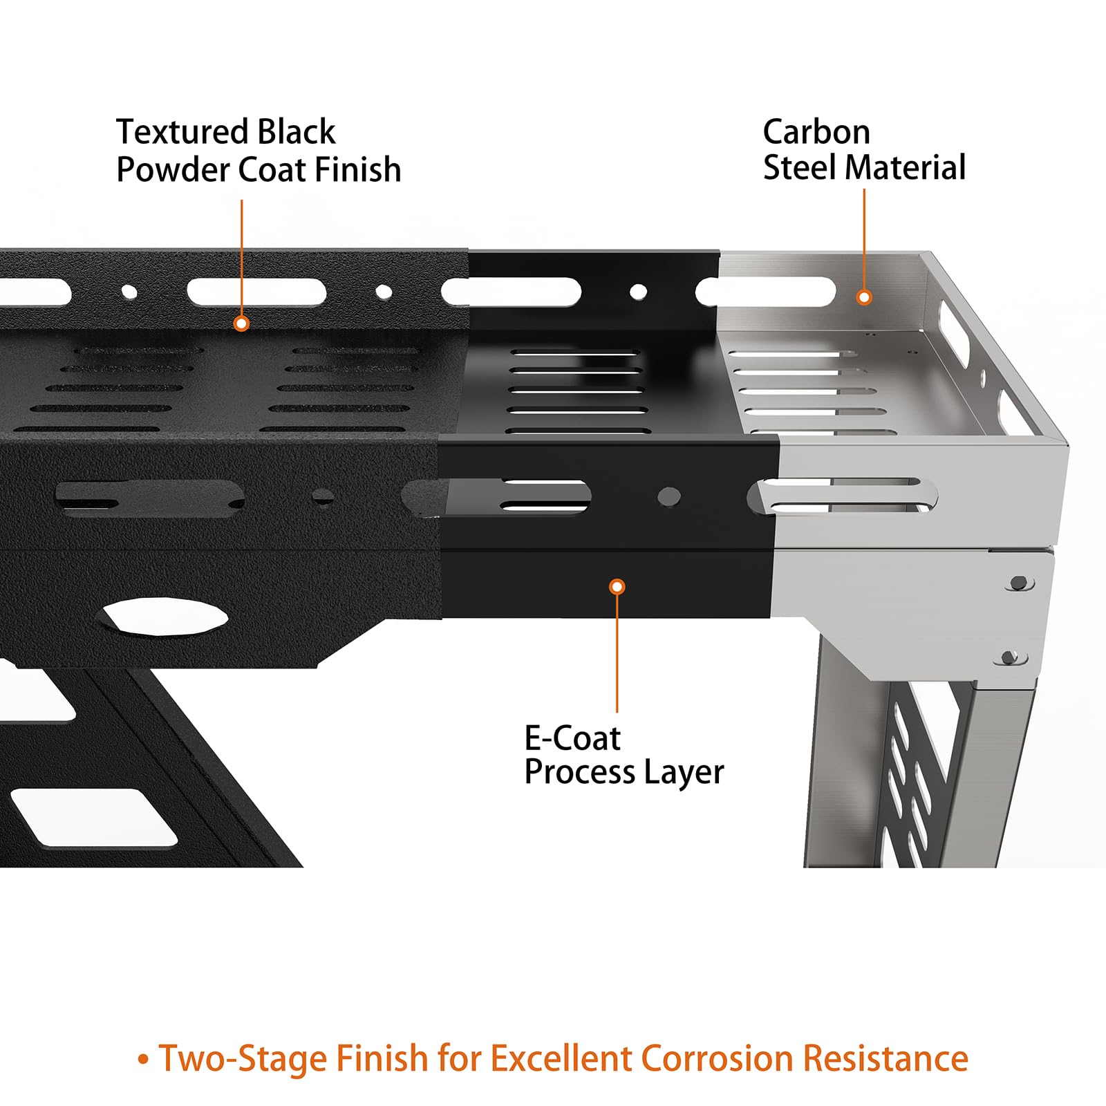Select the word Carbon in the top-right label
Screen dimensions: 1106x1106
(816, 131)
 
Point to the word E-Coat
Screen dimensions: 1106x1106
(572, 738)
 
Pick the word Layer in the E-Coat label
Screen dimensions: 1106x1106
(683, 773)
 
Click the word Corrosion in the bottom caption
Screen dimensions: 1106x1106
(715, 1058)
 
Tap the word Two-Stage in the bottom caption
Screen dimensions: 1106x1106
(241, 1059)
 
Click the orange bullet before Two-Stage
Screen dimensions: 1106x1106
(143, 1060)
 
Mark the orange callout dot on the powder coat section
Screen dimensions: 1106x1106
(241, 323)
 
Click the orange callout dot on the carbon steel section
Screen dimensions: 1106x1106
(864, 297)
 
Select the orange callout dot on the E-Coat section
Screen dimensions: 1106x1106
(617, 587)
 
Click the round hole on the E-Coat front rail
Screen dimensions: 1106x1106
(669, 496)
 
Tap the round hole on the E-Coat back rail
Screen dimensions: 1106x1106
(639, 292)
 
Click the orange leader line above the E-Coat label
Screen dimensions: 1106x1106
(617, 653)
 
